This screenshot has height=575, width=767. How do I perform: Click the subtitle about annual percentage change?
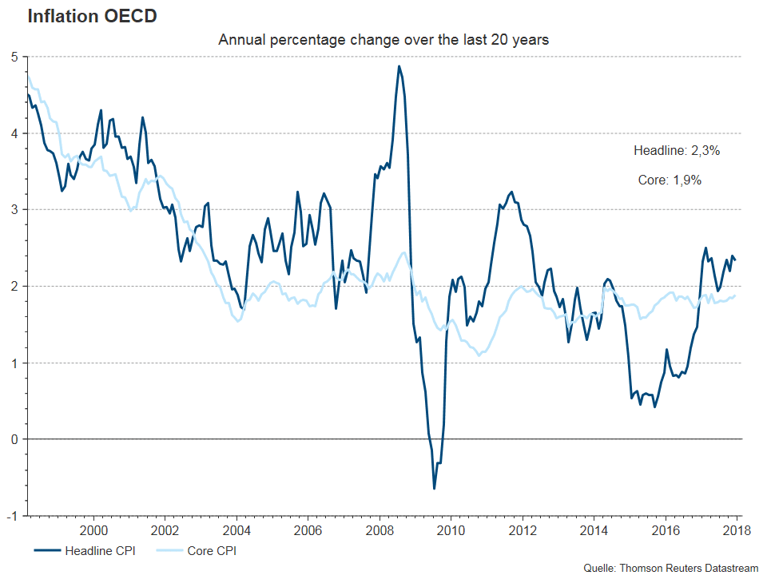[x=383, y=39]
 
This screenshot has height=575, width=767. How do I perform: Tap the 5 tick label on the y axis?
[x=14, y=57]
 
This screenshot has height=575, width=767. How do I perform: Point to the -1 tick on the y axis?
[x=13, y=515]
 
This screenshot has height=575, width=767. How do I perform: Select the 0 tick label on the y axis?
[x=14, y=439]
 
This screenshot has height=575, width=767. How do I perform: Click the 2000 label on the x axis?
[x=93, y=529]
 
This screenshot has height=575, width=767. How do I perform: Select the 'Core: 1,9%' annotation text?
[x=670, y=180]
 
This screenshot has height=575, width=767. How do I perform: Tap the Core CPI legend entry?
[x=197, y=550]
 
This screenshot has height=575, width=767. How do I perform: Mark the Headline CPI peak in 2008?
[x=399, y=66]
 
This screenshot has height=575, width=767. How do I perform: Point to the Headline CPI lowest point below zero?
[x=434, y=488]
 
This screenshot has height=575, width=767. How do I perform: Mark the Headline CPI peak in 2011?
[x=511, y=192]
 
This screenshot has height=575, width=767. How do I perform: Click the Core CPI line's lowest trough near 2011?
[x=479, y=355]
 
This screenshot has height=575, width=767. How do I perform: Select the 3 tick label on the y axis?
[x=14, y=209]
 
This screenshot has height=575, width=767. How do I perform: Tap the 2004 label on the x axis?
[x=236, y=529]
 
